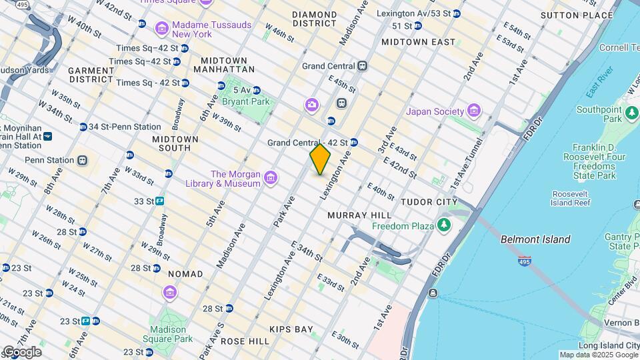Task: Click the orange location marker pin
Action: click(320, 159)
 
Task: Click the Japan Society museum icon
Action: click(474, 110)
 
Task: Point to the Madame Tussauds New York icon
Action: click(161, 29)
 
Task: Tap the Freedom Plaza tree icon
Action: click(444, 226)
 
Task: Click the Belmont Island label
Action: click(535, 239)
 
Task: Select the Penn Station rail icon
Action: click(83, 160)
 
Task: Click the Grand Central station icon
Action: click(362, 65)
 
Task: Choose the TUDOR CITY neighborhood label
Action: click(428, 201)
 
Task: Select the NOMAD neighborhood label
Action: click(185, 274)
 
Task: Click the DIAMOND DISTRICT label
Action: click(314, 19)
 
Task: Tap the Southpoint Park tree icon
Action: click(632, 114)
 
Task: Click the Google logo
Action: click(21, 352)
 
